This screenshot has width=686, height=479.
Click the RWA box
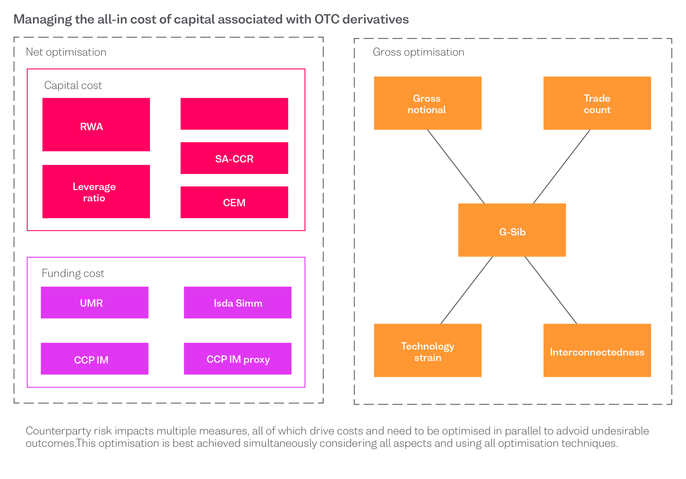coord(96,125)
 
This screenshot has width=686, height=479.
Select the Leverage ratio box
coord(96,191)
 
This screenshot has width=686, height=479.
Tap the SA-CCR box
coord(234,158)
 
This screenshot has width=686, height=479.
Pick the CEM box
coord(234,202)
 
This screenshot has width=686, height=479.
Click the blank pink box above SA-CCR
coord(234,114)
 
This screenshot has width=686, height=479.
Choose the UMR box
coord(94,303)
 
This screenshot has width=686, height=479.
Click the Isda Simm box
coord(237,303)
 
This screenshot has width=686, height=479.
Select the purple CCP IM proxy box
coord(237,359)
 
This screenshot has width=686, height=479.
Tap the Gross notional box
coord(427,103)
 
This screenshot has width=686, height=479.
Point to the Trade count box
coord(597,103)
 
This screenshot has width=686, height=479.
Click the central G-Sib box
coord(512,230)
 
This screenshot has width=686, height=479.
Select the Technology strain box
coord(427,350)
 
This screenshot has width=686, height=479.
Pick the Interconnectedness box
coord(597,350)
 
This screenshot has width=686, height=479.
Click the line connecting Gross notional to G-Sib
coord(456,166)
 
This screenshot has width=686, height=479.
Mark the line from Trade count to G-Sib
coord(562,166)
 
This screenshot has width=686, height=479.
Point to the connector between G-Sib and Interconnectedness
coord(551,290)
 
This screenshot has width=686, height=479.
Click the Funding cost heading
coord(73,273)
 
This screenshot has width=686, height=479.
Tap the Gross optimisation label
coord(418,52)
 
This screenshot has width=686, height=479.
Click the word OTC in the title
coord(327,19)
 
